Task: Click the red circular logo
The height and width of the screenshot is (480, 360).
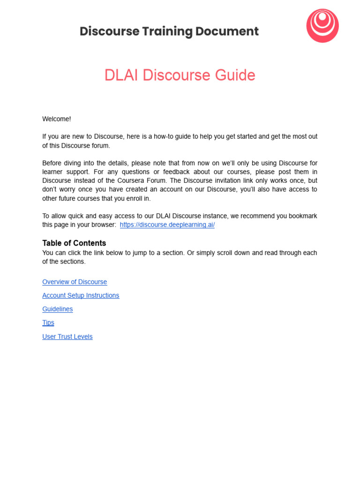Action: click(x=322, y=26)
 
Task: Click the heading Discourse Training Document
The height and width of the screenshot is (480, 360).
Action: click(x=169, y=31)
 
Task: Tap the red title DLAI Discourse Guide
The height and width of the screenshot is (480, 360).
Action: click(x=180, y=75)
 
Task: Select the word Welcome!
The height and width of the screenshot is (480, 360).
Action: click(x=56, y=119)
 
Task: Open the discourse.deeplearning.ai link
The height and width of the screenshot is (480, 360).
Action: click(x=167, y=225)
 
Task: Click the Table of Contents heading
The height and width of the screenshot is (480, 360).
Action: click(x=74, y=243)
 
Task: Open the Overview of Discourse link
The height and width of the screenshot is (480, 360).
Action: click(x=75, y=282)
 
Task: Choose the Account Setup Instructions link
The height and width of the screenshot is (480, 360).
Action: click(x=81, y=296)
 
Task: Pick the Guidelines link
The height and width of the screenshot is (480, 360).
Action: click(x=57, y=309)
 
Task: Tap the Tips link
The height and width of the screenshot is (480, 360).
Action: click(x=48, y=323)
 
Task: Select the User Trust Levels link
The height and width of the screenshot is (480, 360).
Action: click(x=67, y=337)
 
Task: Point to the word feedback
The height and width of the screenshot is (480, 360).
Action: click(x=167, y=172)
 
